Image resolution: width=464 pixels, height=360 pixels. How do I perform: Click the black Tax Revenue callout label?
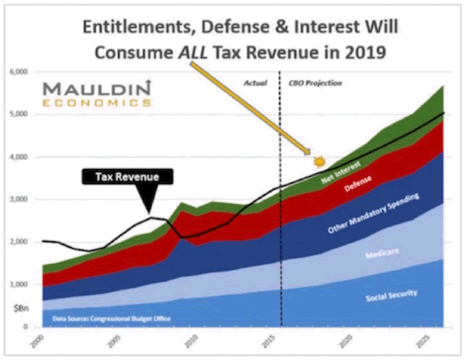click(128, 176)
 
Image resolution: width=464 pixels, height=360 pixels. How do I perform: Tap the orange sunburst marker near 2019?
click(318, 161)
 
